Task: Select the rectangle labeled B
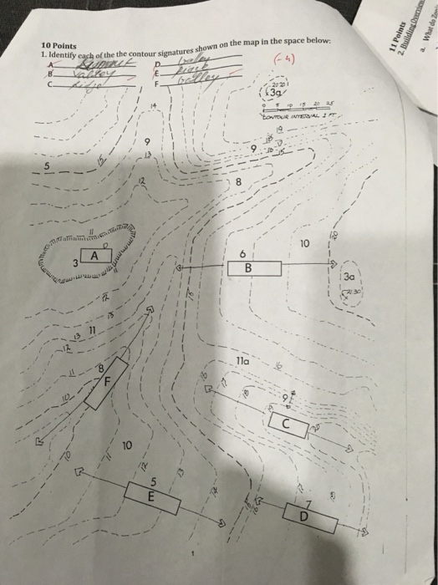(247, 268)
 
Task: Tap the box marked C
(286, 425)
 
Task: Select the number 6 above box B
(242, 252)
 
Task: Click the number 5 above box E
(153, 480)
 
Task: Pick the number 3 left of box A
(74, 263)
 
